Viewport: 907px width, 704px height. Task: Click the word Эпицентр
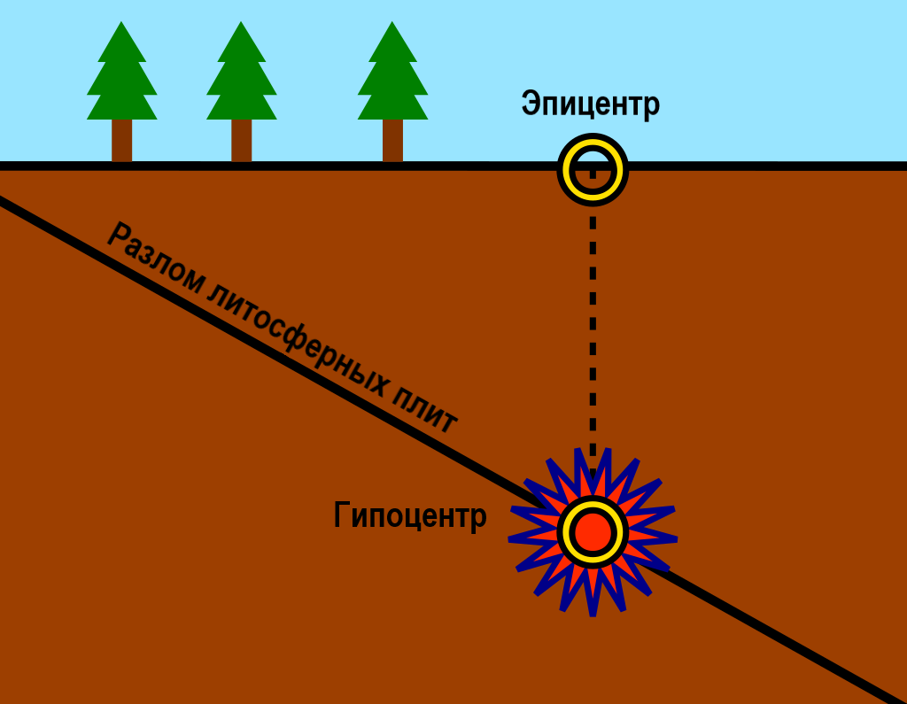tap(590, 104)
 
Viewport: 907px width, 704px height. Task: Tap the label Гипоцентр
tap(410, 514)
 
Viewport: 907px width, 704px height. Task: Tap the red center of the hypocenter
tap(593, 531)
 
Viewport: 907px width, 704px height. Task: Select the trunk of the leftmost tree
tap(121, 141)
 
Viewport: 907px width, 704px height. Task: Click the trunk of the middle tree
tap(241, 141)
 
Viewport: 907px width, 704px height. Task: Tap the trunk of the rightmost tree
tap(392, 141)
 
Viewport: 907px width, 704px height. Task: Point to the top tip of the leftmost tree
tap(121, 22)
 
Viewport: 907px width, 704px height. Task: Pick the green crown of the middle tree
tap(241, 81)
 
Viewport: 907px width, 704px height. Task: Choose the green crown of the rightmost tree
tap(392, 81)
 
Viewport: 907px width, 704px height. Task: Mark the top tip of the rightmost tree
tap(392, 22)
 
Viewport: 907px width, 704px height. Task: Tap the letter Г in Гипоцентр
tap(342, 514)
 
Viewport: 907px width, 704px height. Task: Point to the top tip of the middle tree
tap(241, 22)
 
